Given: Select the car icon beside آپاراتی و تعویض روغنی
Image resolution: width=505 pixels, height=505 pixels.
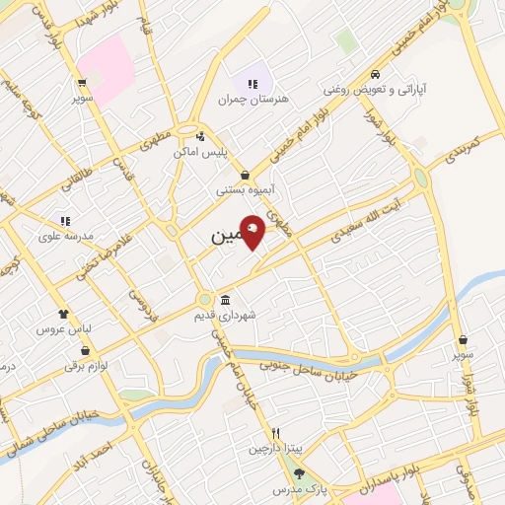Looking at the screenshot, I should pyautogui.click(x=376, y=75).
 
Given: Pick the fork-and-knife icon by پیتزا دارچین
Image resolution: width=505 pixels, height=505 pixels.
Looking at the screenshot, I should pyautogui.click(x=277, y=433).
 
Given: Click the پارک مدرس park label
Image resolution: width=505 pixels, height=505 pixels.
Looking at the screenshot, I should pyautogui.click(x=300, y=488).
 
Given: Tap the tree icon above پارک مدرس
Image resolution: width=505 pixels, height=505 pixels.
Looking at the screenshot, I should pyautogui.click(x=300, y=473).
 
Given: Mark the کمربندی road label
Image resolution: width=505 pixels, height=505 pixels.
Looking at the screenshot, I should pyautogui.click(x=461, y=148).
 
